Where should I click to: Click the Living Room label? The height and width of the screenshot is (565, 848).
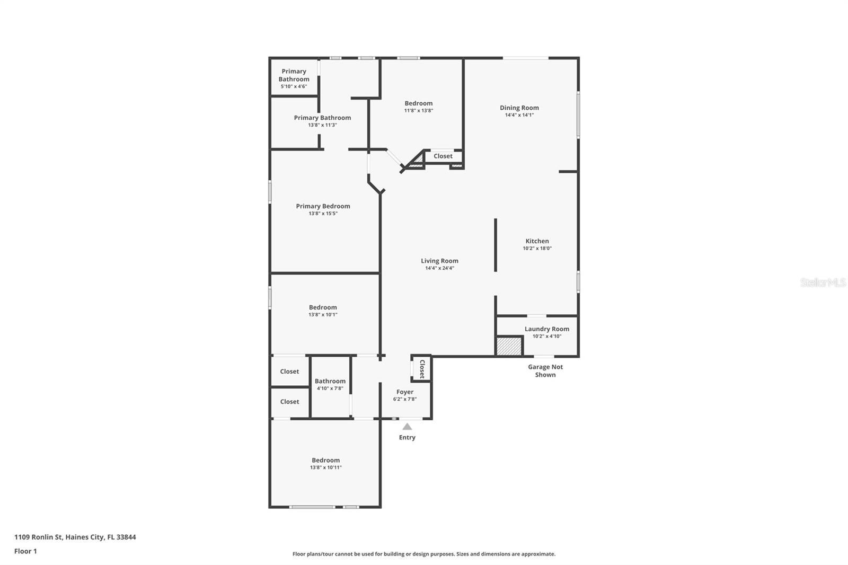(439, 261)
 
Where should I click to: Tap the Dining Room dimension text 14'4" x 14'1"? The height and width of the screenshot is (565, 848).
(519, 115)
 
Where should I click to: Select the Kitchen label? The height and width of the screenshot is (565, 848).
(537, 241)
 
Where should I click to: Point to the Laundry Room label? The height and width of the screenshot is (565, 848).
(547, 329)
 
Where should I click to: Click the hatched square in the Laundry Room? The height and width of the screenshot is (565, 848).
(509, 346)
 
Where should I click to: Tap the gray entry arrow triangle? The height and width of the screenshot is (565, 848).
(407, 427)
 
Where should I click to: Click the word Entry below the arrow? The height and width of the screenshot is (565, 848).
(408, 437)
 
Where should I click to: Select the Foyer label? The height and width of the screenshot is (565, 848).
(405, 392)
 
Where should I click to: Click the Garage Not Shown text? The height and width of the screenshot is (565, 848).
(545, 370)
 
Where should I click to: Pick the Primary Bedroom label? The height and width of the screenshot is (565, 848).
(323, 206)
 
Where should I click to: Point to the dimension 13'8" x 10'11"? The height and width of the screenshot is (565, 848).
(326, 467)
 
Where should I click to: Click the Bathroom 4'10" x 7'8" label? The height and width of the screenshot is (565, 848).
(330, 384)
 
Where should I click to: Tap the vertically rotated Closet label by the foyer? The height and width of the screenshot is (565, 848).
(422, 369)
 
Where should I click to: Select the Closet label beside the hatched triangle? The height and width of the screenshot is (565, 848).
(443, 156)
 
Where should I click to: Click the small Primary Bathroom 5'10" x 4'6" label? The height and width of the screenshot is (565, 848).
(294, 79)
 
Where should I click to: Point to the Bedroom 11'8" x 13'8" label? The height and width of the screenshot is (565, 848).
(419, 107)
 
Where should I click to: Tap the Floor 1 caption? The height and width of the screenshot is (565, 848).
(26, 551)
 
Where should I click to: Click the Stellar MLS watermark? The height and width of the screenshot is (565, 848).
(823, 282)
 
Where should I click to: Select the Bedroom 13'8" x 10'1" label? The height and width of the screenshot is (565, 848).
(323, 311)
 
